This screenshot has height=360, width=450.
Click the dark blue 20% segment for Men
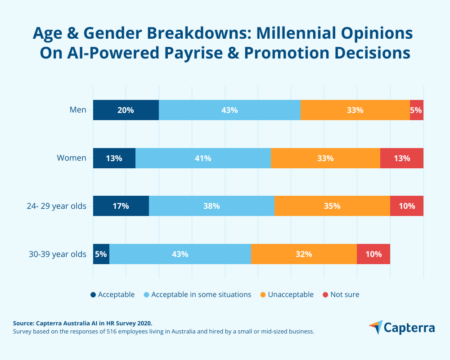pos(126,110)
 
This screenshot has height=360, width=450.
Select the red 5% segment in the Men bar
pos(417,110)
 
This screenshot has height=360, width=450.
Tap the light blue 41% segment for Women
pos(203,158)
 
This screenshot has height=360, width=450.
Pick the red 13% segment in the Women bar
pos(402,158)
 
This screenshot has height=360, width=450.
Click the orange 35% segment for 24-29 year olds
pos(332,206)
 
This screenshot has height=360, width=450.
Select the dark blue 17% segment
pos(121,206)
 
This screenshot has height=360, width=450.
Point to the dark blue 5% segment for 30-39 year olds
pos(101,254)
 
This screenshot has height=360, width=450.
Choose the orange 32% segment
pos(304,254)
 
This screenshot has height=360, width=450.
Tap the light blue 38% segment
pos(211,206)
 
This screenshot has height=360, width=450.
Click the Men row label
pos(78,110)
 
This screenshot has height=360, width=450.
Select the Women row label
pos(72,158)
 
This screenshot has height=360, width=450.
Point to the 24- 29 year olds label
pos(56,206)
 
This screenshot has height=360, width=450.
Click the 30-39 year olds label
pos(57,254)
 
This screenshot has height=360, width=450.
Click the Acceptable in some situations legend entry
pos(201,295)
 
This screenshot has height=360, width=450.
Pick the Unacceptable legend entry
pos(290,295)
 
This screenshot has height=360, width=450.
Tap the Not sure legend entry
pos(345,295)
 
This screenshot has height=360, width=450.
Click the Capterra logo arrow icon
pos(376,327)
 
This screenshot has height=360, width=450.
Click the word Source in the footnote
pos(23,323)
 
